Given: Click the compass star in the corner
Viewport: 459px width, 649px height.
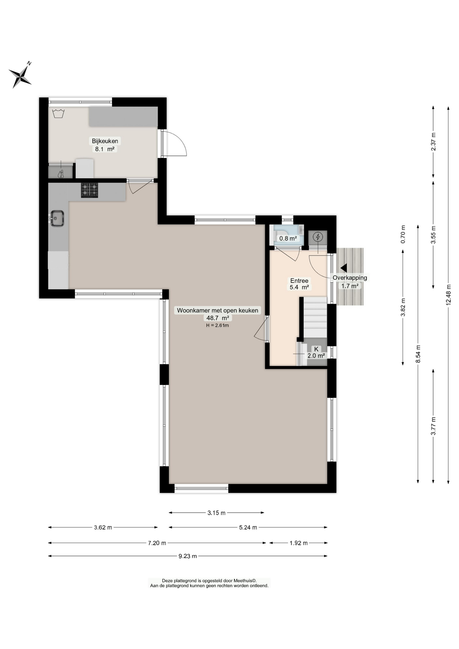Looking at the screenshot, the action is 20,76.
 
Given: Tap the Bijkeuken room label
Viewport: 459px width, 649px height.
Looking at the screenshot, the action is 105,141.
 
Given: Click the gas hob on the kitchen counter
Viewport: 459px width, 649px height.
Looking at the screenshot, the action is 89,190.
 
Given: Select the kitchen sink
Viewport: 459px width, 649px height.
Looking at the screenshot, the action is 57,218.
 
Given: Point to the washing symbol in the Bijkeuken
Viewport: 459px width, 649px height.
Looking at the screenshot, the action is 58,113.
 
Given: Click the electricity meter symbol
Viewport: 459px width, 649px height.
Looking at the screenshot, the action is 318,237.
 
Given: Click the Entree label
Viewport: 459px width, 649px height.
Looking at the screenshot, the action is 299,281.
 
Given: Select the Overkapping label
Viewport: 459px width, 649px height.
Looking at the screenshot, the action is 350,278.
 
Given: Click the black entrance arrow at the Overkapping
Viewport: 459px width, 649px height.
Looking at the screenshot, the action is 344,268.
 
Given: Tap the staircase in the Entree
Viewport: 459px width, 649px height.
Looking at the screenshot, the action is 315,317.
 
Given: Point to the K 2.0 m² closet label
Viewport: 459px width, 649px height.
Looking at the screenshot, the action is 316,352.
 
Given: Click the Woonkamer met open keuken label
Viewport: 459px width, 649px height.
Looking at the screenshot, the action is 217,310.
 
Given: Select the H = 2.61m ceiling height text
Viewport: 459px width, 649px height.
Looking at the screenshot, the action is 217,326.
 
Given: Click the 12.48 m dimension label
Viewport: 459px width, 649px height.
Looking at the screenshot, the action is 449,294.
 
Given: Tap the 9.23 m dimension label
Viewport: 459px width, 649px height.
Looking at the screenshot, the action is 188,556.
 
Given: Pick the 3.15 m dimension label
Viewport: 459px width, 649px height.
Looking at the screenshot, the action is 216,513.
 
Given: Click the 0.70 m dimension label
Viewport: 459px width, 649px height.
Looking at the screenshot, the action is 403,234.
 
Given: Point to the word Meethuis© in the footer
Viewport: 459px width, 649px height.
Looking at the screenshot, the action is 245,581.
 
